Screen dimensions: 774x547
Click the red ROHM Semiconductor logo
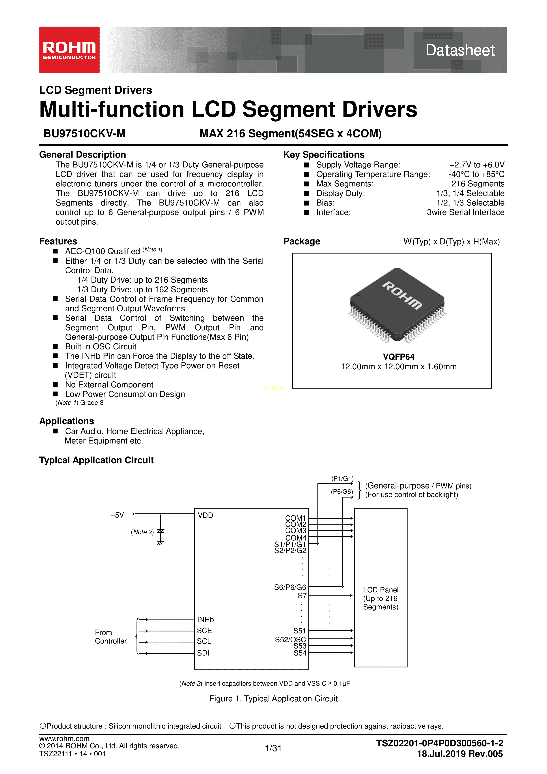click(x=69, y=50)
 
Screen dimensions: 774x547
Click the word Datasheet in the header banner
click(x=460, y=50)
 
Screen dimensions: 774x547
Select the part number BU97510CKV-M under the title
click(x=84, y=133)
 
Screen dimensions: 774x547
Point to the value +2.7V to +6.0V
click(x=477, y=165)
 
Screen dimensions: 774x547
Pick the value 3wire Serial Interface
click(x=465, y=212)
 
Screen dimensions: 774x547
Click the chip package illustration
click(x=398, y=305)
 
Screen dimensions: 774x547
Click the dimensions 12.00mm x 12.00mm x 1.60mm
click(x=398, y=367)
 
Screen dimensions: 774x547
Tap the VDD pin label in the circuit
click(x=205, y=515)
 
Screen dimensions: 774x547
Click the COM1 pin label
click(x=295, y=518)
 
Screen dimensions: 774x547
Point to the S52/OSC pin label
click(x=290, y=639)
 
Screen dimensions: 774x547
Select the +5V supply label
click(x=117, y=515)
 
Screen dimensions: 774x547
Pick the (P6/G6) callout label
click(x=342, y=492)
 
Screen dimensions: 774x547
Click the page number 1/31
click(x=273, y=748)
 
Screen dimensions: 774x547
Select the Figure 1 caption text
click(x=273, y=699)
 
